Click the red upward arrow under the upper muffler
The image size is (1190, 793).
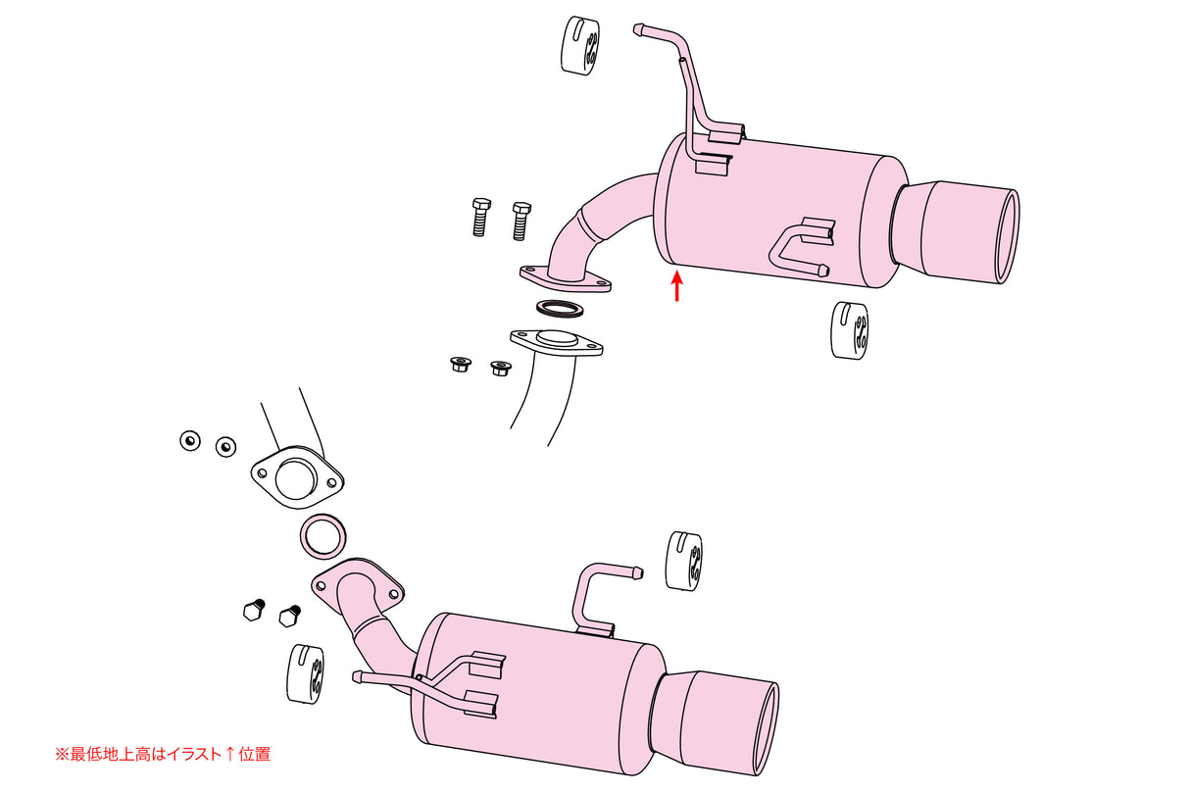point(676,287)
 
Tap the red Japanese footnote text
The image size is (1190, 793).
point(162,754)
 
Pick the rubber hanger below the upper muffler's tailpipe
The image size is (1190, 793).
point(849,329)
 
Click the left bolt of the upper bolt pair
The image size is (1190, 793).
point(479,217)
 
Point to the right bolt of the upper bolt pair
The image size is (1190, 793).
point(521,219)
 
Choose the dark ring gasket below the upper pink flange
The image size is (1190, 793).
point(560,309)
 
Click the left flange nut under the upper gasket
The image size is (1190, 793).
point(458,366)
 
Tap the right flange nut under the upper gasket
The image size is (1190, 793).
point(499,369)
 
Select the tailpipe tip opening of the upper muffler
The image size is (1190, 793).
point(1007,236)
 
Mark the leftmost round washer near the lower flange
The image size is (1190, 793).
point(189,440)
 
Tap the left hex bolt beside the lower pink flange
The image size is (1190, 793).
point(252,609)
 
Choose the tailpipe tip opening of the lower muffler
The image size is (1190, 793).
point(767,729)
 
